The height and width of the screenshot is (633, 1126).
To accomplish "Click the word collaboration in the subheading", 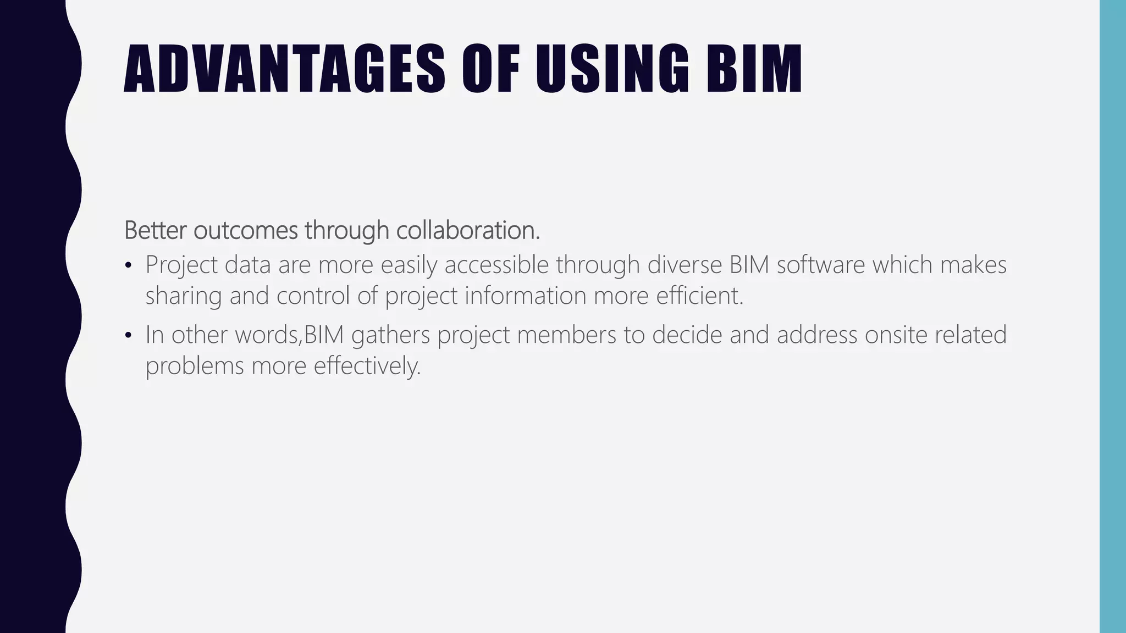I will click(467, 230).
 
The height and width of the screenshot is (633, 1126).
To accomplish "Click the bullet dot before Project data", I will click(129, 266).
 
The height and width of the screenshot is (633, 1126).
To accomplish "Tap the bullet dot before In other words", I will click(129, 336).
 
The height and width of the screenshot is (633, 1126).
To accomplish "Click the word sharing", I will click(184, 297).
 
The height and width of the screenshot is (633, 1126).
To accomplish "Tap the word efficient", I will click(699, 296).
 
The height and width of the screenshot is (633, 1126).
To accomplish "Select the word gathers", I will click(390, 335).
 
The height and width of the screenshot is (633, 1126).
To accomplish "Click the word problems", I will click(195, 367).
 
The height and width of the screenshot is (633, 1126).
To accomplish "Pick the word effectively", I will click(367, 367).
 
